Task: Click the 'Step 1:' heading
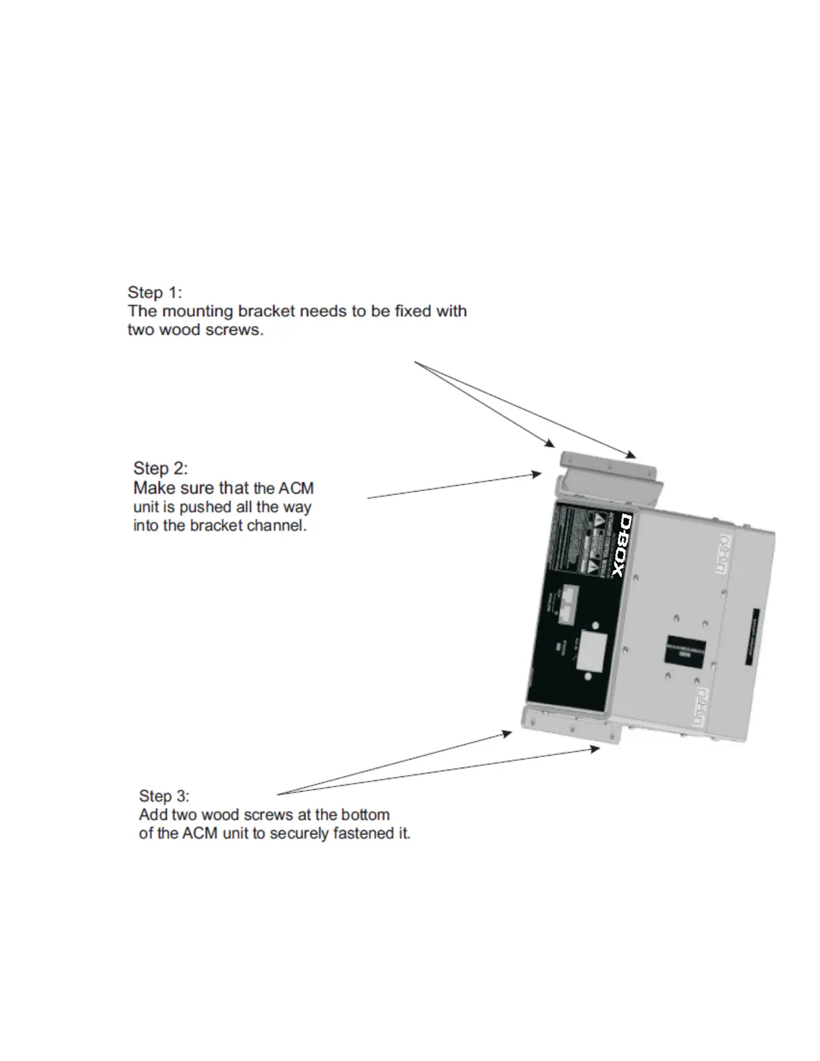click(155, 293)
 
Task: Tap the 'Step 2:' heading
click(161, 468)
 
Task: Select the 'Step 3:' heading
click(164, 796)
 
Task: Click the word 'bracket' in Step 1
click(267, 311)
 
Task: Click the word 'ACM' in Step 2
click(296, 488)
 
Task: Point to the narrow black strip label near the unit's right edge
click(753, 636)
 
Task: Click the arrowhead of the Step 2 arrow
click(536, 474)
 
